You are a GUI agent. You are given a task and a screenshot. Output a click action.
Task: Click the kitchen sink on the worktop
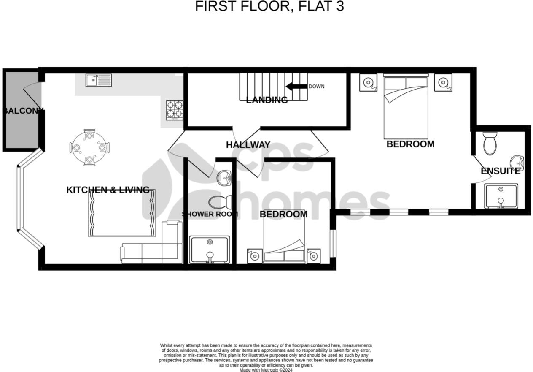click(x=99, y=80)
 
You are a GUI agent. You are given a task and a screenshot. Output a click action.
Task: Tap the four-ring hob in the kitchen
click(x=174, y=110)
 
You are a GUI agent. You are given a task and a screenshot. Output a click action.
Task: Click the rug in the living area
click(x=122, y=213)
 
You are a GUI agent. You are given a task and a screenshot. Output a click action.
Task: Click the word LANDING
click(x=267, y=100)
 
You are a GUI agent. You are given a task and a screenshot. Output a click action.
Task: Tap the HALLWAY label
click(x=248, y=145)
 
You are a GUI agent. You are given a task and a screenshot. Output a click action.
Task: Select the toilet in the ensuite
click(x=490, y=144)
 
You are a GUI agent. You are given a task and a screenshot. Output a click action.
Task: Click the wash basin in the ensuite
click(x=517, y=163)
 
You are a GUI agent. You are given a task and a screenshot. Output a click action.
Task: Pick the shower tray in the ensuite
click(x=501, y=196)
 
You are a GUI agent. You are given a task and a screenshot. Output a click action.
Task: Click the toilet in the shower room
click(x=218, y=202)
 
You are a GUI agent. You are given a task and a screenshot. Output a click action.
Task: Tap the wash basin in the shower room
click(x=224, y=178)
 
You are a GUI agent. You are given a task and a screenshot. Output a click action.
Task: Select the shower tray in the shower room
click(x=210, y=250)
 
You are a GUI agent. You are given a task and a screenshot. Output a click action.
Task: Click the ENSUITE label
click(x=501, y=171)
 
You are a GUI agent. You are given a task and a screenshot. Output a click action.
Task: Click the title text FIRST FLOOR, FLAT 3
click(x=269, y=7)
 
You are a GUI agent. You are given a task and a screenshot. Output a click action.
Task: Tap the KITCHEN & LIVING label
click(x=108, y=190)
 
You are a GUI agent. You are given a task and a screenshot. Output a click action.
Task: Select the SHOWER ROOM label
click(x=210, y=214)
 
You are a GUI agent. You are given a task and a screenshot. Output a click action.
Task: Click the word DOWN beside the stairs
click(x=317, y=87)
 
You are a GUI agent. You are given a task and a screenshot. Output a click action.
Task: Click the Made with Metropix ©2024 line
click(x=266, y=370)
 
